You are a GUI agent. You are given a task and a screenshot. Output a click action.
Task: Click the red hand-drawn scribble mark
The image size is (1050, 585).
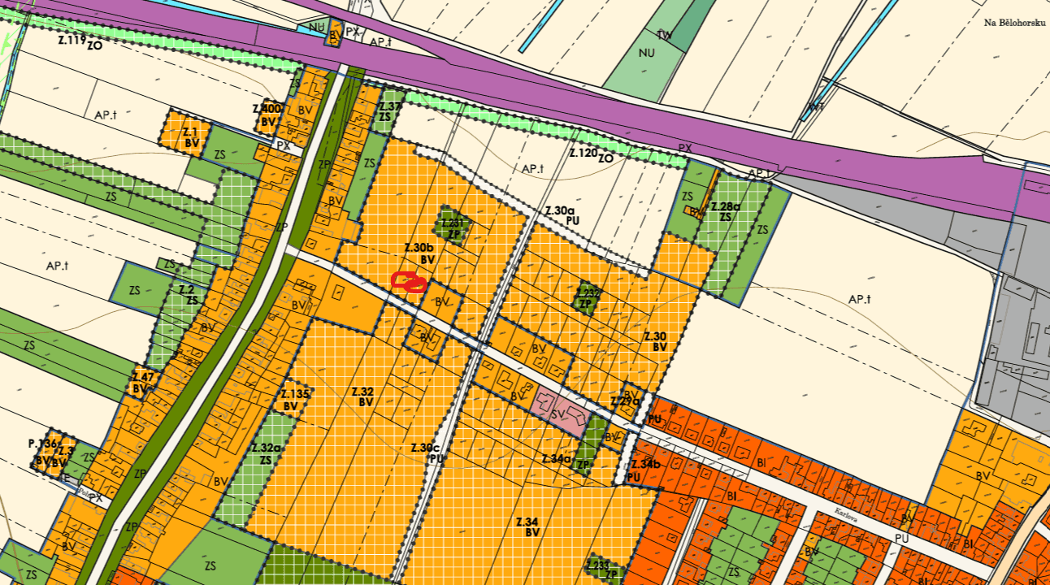(409, 282)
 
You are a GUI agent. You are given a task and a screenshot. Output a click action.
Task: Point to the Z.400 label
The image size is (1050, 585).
(267, 109)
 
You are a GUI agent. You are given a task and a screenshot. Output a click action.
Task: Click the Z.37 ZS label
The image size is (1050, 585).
(389, 111)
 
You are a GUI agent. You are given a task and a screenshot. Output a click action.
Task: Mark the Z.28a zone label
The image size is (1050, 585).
(724, 211)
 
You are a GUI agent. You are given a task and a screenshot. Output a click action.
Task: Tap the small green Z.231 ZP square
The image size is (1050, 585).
(454, 227)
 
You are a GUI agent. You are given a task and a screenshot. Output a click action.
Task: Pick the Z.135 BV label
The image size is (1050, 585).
(296, 400)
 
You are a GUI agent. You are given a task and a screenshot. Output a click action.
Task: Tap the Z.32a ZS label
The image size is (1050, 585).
(266, 453)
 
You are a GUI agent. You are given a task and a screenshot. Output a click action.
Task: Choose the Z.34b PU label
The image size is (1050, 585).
(646, 470)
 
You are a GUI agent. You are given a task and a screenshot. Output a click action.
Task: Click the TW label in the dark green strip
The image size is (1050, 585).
(664, 35)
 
